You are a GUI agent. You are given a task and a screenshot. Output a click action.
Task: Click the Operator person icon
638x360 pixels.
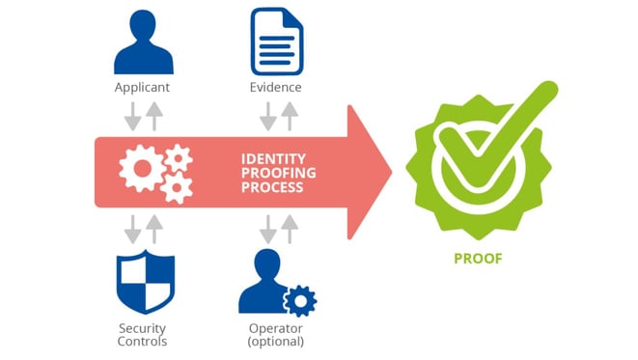coord(263,282)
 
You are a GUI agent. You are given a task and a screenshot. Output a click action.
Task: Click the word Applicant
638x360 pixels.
coord(144,88)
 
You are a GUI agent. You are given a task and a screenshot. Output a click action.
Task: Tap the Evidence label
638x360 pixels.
coord(277,88)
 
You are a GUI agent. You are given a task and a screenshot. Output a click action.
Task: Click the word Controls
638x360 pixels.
coord(144,342)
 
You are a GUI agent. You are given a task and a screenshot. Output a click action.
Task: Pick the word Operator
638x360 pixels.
coord(277,327)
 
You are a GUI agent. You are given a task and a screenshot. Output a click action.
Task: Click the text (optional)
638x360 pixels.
coord(277,342)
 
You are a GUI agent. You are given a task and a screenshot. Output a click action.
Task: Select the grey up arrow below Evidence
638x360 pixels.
coord(288,116)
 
